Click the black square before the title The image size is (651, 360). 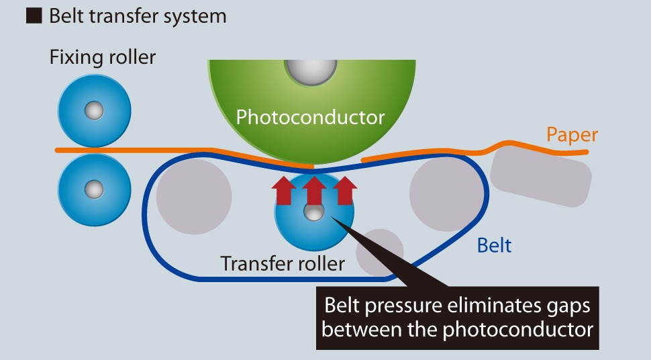[34, 17]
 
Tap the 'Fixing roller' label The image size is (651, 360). [103, 57]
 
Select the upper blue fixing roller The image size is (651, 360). [94, 109]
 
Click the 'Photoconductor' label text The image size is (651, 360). [310, 118]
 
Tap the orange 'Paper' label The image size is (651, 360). [572, 135]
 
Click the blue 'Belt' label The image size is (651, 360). [494, 245]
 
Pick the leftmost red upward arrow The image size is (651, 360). [283, 191]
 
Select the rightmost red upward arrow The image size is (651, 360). [344, 191]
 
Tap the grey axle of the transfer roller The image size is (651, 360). [313, 213]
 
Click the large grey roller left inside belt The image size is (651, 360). [194, 197]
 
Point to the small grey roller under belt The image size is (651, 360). [379, 253]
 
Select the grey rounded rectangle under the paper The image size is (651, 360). [541, 176]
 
